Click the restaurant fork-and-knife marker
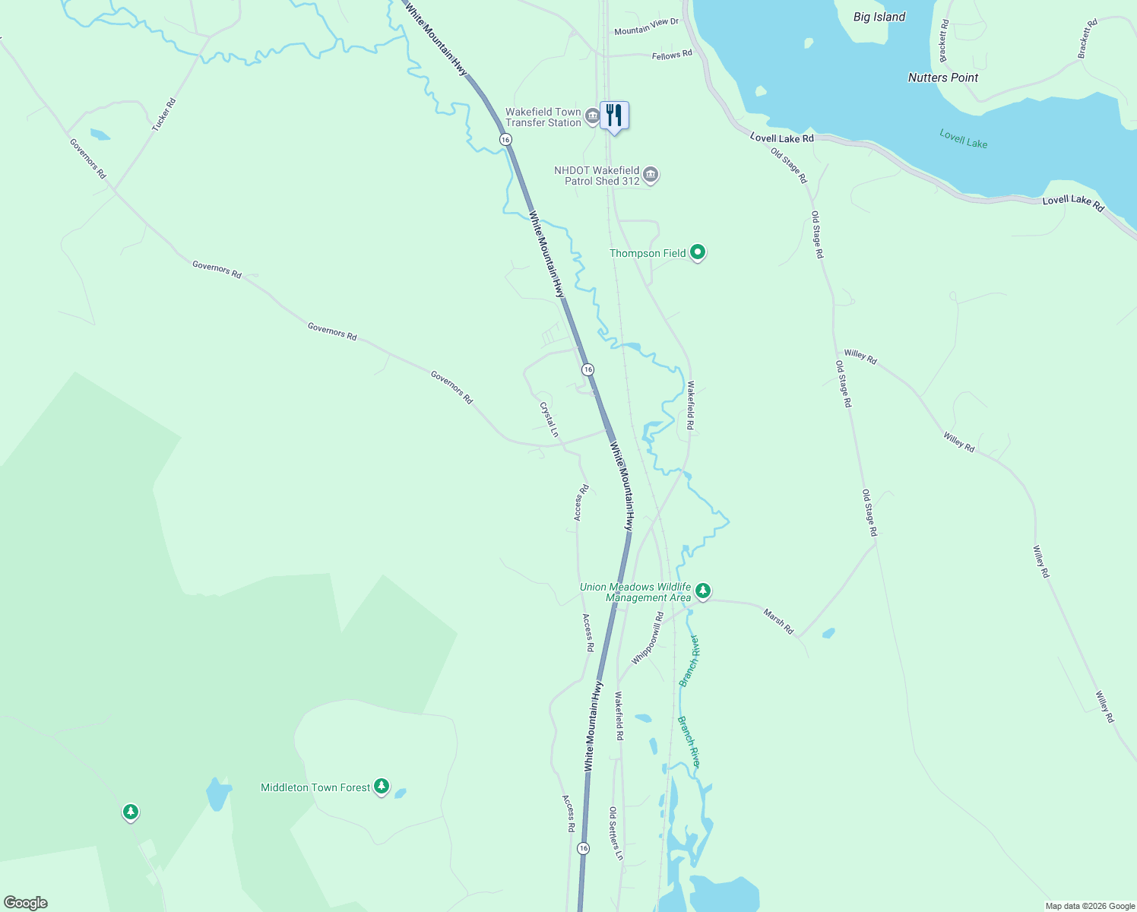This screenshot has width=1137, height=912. tap(614, 116)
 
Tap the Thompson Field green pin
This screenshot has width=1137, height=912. tap(697, 252)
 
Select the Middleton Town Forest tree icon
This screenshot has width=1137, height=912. tap(382, 787)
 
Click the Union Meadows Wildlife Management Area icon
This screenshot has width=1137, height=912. tap(703, 591)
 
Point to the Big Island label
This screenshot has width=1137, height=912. tap(879, 17)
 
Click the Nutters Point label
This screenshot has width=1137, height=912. tap(943, 78)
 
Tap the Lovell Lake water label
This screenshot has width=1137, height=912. tap(963, 139)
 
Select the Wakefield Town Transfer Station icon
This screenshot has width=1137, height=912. tap(593, 117)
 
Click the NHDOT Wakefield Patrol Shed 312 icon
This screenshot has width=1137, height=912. tap(651, 176)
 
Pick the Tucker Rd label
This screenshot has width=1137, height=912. tap(163, 115)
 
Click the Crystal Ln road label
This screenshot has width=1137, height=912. tap(549, 420)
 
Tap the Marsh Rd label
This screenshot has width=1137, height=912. tap(778, 622)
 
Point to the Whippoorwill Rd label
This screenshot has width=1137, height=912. tap(648, 638)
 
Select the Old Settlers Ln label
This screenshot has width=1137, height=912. tap(616, 834)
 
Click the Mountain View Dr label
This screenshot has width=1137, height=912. tap(646, 27)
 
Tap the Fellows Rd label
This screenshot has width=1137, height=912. tap(672, 55)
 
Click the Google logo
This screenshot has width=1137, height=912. tap(26, 903)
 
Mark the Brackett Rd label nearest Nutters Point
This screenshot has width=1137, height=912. tap(943, 42)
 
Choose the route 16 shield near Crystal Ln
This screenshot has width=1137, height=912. tap(588, 369)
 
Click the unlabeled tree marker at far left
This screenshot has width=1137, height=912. tap(131, 812)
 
